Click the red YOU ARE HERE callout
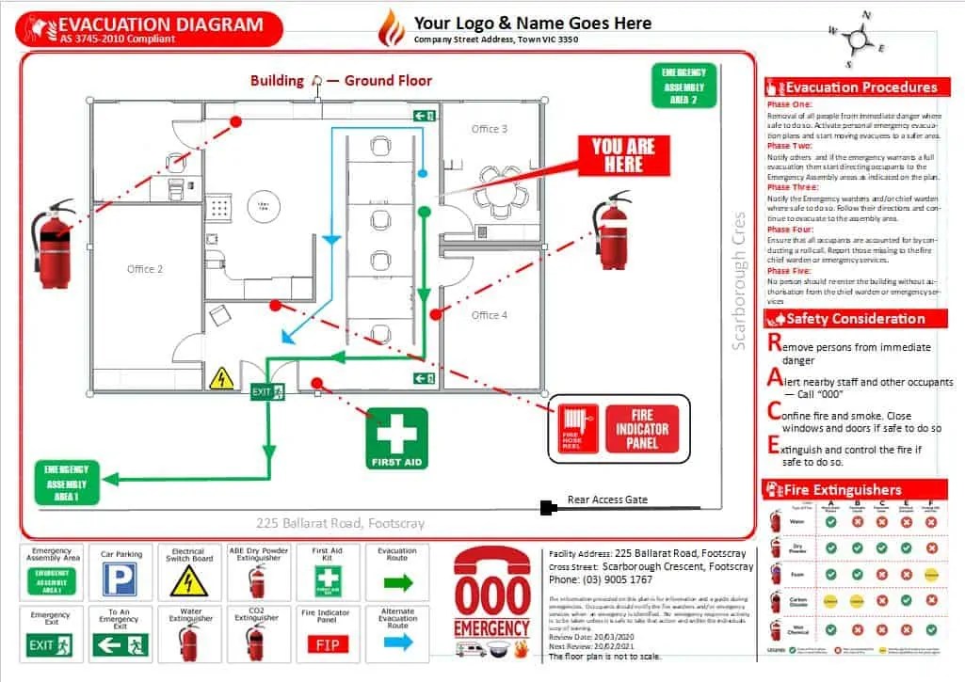coord(617,156)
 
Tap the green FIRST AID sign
coord(396,438)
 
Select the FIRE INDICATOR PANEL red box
coord(641,429)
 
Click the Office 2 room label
coord(145,269)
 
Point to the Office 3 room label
coord(490,129)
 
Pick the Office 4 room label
coord(490,315)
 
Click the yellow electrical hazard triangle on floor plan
coord(220,378)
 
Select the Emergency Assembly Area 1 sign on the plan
coord(66,482)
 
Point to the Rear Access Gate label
coord(607,500)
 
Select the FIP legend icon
coord(327,644)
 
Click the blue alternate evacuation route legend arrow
coord(397,642)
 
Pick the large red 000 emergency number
coord(491,595)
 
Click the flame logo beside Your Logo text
coord(390,29)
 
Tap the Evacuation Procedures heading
coord(860,87)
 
